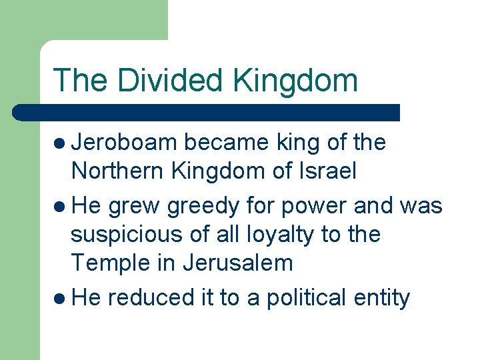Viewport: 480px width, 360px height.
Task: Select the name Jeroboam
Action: click(124, 143)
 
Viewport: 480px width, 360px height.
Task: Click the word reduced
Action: click(144, 298)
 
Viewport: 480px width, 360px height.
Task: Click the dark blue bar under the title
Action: click(207, 112)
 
